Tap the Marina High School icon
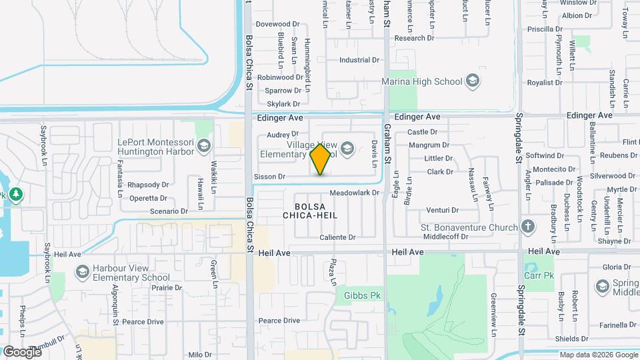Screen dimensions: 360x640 (473, 81)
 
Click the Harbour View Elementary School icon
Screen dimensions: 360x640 (82, 272)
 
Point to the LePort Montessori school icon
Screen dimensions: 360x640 (203, 146)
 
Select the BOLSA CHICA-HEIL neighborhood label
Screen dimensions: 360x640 (310, 210)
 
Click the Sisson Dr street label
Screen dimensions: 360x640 (270, 177)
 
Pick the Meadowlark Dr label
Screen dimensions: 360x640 (355, 193)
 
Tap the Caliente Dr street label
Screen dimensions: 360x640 (338, 237)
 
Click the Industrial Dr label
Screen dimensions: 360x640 (359, 60)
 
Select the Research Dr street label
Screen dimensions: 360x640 (414, 38)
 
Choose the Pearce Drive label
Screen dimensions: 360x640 (279, 321)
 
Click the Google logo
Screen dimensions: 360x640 (22, 351)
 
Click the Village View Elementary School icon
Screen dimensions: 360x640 (347, 147)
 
